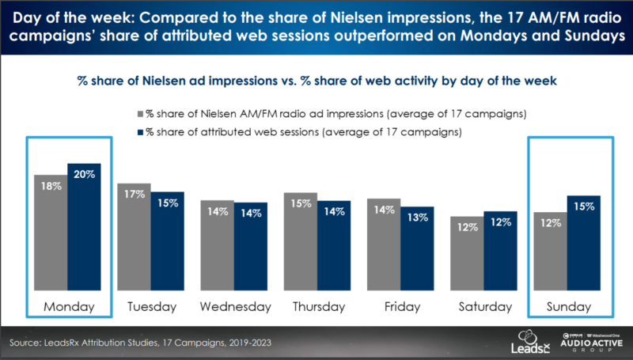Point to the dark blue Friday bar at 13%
pos(416,245)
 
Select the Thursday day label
pos(316,305)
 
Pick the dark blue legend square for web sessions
pos(139,130)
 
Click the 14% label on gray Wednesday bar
pos(217,212)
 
